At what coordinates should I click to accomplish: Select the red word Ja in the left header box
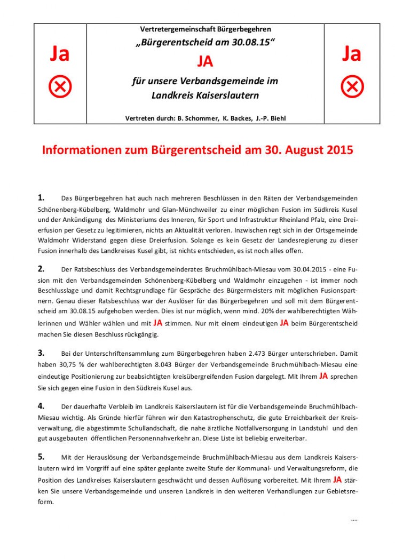(x=60, y=54)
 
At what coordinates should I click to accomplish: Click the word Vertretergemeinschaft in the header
(x=170, y=29)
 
